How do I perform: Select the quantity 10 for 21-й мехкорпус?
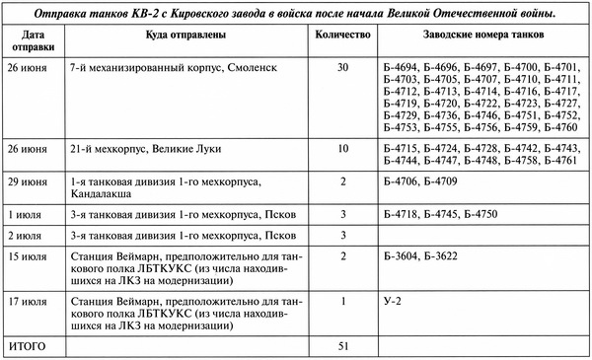tap(341, 148)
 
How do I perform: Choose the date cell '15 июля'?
tap(28, 257)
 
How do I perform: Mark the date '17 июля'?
tap(28, 299)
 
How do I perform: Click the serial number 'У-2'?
tap(393, 299)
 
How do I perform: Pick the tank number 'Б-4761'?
tap(556, 160)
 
